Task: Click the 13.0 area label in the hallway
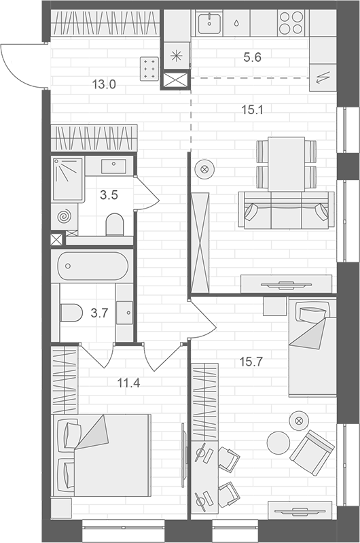(104, 85)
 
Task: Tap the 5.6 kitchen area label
(252, 58)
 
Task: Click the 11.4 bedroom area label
(127, 383)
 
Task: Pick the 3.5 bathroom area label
(109, 196)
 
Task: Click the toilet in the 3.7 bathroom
(71, 313)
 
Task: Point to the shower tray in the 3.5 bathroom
(67, 179)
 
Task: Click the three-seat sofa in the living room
(286, 210)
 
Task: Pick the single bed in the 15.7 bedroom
(311, 347)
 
